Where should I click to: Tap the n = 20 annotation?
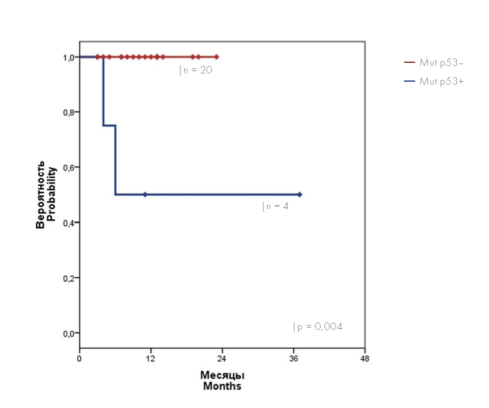pyautogui.click(x=196, y=70)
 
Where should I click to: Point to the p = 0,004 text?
pyautogui.click(x=319, y=327)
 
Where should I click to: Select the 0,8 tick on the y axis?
pyautogui.click(x=68, y=113)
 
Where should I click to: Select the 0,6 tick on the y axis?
pyautogui.click(x=68, y=167)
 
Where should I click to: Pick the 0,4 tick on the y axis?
pyautogui.click(x=68, y=223)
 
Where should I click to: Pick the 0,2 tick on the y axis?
pyautogui.click(x=68, y=278)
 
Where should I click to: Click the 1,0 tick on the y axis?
pyautogui.click(x=68, y=57)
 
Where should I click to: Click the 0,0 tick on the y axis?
pyautogui.click(x=68, y=333)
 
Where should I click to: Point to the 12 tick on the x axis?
pyautogui.click(x=151, y=359)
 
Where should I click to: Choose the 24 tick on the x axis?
pyautogui.click(x=222, y=359)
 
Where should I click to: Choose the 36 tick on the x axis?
pyautogui.click(x=294, y=359)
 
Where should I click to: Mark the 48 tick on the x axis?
pyautogui.click(x=365, y=359)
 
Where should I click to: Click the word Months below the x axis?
pyautogui.click(x=222, y=386)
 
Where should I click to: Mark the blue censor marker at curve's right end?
pyautogui.click(x=300, y=195)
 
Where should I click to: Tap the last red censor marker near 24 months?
pyautogui.click(x=216, y=57)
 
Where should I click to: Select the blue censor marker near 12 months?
pyautogui.click(x=145, y=195)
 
